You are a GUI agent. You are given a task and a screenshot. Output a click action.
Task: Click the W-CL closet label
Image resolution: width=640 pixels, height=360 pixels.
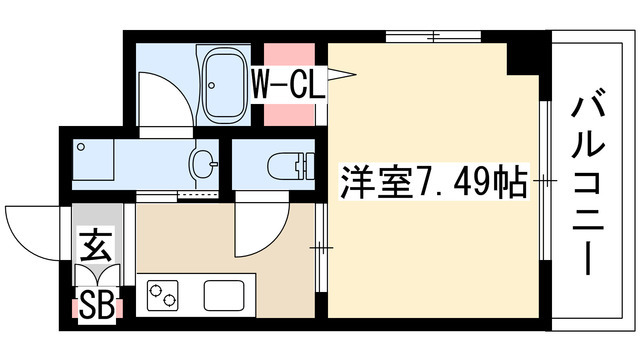[287, 81]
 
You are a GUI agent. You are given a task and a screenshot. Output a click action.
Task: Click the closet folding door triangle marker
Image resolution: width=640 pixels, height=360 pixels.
[343, 73]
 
